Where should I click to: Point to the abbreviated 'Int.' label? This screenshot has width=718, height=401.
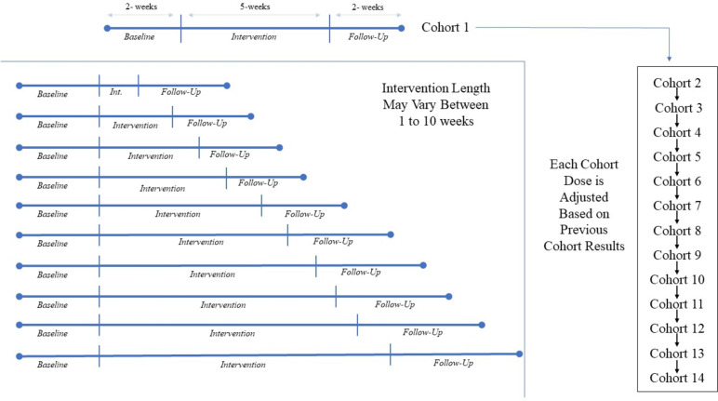(116, 92)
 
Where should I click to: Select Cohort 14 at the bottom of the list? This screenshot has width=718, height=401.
(678, 377)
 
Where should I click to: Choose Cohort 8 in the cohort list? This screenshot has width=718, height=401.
(678, 229)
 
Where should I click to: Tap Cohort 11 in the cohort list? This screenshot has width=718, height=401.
(678, 303)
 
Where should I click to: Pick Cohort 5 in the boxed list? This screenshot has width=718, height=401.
(678, 155)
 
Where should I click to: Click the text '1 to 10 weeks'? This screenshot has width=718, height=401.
(415, 121)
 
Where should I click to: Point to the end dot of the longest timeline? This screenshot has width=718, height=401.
(520, 354)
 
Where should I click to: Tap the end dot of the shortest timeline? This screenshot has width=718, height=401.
(228, 86)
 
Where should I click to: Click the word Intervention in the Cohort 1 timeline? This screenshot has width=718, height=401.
(254, 37)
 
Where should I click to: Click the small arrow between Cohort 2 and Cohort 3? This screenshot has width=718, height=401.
(678, 95)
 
